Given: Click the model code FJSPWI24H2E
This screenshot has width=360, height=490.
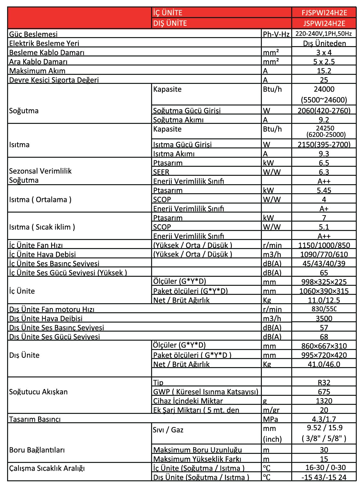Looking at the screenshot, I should point(324,13).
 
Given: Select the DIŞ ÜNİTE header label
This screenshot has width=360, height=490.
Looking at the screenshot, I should point(170,23).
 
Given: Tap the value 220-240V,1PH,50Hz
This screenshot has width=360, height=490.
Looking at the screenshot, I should point(324,34).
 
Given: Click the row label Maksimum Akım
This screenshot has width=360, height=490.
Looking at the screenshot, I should point(37,71).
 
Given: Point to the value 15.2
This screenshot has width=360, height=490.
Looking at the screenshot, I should point(324,71).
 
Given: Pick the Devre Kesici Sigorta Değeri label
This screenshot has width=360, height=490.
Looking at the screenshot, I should point(54,80).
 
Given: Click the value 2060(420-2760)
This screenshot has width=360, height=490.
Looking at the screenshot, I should point(324,111).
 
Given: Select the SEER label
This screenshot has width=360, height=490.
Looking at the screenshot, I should point(161,172).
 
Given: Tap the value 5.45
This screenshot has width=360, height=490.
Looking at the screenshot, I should point(324,190).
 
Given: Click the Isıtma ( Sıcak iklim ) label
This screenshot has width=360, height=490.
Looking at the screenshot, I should point(42,227).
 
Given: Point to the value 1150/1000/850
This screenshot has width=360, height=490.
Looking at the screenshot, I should point(324,245).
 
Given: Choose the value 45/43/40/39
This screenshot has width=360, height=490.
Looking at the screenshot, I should point(324,264).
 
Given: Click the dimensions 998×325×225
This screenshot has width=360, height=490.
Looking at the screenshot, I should point(324,282).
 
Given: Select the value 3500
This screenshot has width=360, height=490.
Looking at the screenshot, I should point(324,319).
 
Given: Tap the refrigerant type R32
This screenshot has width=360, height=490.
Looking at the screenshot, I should point(324,383).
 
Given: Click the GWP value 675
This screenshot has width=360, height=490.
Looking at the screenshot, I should point(324,392).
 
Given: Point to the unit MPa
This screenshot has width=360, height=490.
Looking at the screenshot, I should point(271,419).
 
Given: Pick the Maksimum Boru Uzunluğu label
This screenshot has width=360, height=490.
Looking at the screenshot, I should point(197,450).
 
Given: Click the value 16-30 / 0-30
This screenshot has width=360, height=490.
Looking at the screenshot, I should point(325,468).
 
